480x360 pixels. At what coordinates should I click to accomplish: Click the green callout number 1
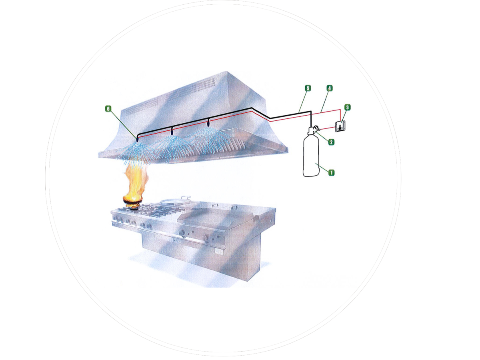coord(331,172)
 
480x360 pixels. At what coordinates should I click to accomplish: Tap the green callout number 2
coord(331,142)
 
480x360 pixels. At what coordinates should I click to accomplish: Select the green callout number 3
coord(347,107)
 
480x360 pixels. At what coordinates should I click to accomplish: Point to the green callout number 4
coord(329,87)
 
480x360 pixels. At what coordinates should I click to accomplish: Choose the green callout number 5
coord(308,87)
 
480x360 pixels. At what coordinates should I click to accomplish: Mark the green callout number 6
coord(108,108)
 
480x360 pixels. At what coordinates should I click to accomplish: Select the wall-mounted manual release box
coord(340,126)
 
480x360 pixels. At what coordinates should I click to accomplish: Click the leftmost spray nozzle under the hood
coord(137,139)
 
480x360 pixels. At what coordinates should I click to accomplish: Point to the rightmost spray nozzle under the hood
coord(208,122)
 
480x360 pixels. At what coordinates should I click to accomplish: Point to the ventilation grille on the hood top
coord(208,84)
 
